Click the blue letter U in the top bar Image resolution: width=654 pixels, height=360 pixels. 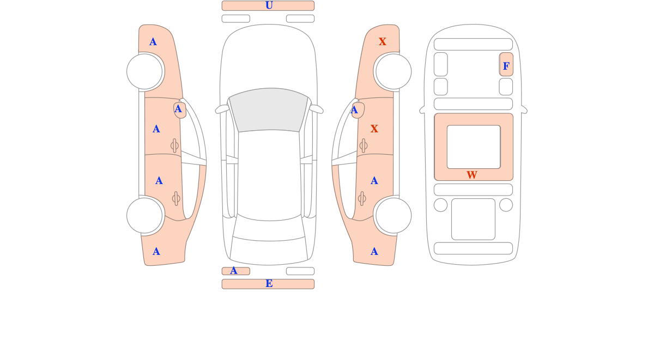(269, 5)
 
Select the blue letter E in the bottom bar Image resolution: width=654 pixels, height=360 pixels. (269, 284)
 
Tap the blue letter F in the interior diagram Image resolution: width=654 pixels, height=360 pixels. (506, 66)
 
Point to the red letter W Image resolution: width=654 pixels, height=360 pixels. (472, 175)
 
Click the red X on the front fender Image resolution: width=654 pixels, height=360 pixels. (383, 42)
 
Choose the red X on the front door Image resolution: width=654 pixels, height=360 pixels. (374, 129)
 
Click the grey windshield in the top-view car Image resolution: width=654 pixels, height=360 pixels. (269, 109)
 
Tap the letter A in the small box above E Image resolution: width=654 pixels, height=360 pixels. (234, 271)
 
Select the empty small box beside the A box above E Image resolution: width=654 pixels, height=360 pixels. (300, 271)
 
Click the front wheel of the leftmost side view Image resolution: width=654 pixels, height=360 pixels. (144, 71)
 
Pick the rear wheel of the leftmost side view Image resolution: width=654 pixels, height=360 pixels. (144, 216)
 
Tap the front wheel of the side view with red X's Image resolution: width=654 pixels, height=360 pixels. (393, 71)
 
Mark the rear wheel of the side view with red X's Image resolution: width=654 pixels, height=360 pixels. (393, 216)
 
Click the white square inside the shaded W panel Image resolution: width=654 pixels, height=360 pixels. (474, 147)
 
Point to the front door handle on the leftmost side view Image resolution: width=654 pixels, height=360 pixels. (174, 145)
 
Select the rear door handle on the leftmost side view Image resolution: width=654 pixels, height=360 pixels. (176, 199)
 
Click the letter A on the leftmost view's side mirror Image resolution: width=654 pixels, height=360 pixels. (178, 109)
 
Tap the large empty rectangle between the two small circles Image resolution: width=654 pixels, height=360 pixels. (473, 219)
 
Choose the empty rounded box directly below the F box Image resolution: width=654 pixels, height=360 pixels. (506, 87)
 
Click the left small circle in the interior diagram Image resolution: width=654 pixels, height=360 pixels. (440, 205)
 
